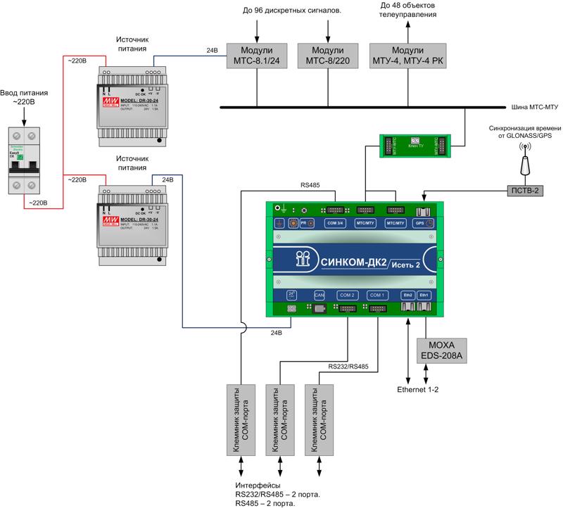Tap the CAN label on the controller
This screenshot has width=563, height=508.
(318, 296)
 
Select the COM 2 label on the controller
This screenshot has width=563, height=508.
(347, 296)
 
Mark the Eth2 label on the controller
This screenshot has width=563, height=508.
(407, 296)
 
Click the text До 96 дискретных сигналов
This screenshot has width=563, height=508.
(291, 11)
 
